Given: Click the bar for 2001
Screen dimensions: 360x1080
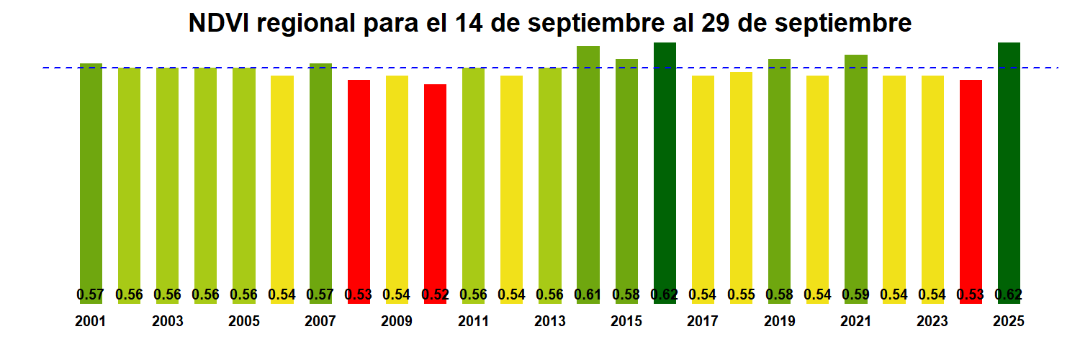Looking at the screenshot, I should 91,180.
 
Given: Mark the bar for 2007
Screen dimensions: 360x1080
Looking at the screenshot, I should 320,180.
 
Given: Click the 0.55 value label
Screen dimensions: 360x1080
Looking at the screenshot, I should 741,294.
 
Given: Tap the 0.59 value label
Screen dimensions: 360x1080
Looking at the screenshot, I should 855,294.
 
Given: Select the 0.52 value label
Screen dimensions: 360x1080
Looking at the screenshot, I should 435,294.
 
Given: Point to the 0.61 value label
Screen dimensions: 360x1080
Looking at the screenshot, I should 588,294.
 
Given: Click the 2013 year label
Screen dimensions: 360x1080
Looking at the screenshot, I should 550,322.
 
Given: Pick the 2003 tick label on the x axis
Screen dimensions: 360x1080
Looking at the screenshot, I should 167,322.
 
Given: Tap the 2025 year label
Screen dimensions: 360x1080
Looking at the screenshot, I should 1009,322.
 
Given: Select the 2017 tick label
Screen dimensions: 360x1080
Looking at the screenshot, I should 703,322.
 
